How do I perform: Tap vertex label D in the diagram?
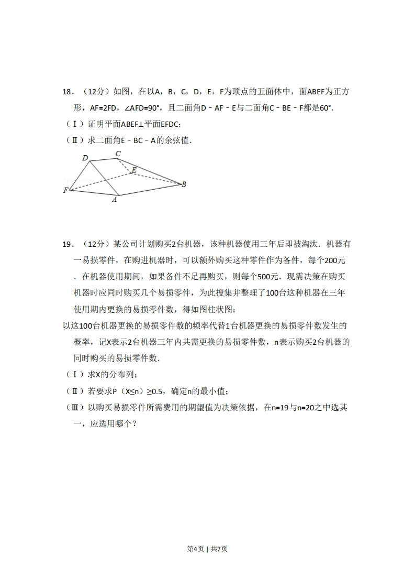[85, 158]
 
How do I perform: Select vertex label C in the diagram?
[118, 154]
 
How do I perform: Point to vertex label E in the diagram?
[134, 170]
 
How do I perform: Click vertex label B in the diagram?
[184, 184]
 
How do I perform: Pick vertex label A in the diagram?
[115, 199]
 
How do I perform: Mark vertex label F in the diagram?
[66, 190]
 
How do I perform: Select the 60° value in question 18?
[326, 108]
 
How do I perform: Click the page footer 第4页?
[195, 549]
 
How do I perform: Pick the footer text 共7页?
[219, 549]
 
